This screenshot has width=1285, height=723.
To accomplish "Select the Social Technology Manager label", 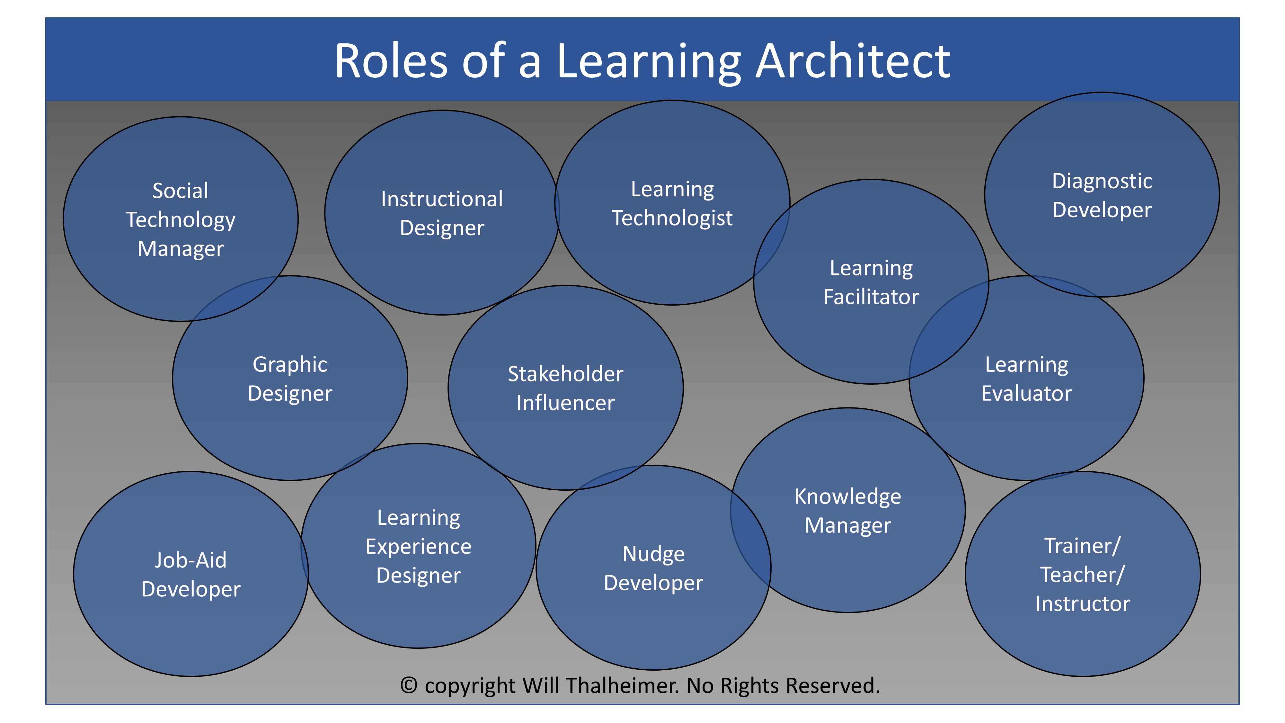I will (x=181, y=219).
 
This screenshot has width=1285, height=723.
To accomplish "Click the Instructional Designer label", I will (x=442, y=213).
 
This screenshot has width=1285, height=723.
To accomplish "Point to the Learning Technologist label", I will (x=672, y=204).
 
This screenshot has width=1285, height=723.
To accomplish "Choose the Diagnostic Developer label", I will (x=1102, y=195).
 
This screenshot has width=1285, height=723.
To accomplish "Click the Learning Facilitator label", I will (x=871, y=282).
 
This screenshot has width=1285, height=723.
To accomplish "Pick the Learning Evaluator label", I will (x=1027, y=379).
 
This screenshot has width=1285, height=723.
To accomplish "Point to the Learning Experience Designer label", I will (x=419, y=546).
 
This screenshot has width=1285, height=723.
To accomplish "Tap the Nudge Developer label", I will (x=653, y=568).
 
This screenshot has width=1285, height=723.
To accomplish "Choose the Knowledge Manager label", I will (x=848, y=511).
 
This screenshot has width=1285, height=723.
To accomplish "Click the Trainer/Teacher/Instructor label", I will (x=1083, y=574).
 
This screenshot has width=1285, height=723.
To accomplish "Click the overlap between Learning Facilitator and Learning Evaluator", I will (x=948, y=332).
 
